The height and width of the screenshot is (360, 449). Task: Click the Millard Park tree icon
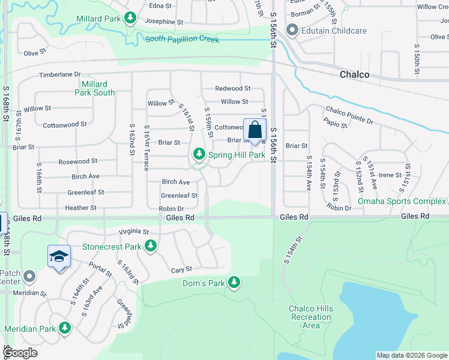130,19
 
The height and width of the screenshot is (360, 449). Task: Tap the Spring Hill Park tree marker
199,155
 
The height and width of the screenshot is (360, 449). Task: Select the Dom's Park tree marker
234,282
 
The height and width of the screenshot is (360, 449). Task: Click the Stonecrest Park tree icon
150,246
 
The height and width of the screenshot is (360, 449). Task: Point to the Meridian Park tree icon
64,328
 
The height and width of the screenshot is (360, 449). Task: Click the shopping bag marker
255,130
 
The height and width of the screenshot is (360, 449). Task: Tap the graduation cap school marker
59,256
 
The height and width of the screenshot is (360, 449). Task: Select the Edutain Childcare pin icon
292,29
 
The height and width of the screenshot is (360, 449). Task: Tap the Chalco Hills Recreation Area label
311,317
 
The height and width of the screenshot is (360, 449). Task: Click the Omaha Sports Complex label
402,201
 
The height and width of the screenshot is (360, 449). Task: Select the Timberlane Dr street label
59,74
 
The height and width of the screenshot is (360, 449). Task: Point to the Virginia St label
133,231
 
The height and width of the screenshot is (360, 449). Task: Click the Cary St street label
181,270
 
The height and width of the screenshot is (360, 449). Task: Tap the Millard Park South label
94,88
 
